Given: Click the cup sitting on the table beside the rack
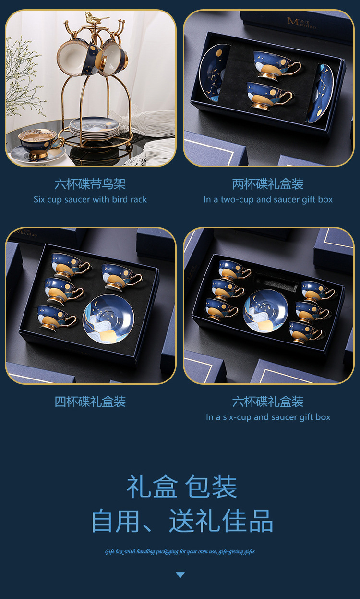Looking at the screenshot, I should tap(39, 143).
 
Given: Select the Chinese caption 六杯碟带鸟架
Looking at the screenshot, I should tap(90, 184).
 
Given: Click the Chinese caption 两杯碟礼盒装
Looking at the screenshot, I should tap(268, 184).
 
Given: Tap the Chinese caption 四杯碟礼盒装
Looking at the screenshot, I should tap(90, 402).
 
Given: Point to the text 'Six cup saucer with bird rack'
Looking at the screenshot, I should tap(90, 199).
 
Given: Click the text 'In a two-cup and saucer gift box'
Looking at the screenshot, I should tap(268, 199).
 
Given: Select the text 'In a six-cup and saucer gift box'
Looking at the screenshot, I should tap(268, 417).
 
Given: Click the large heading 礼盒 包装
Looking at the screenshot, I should tap(181, 487).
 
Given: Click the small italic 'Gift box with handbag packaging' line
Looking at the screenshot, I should tap(180, 551).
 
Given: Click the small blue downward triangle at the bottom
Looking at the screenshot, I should tap(180, 575).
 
